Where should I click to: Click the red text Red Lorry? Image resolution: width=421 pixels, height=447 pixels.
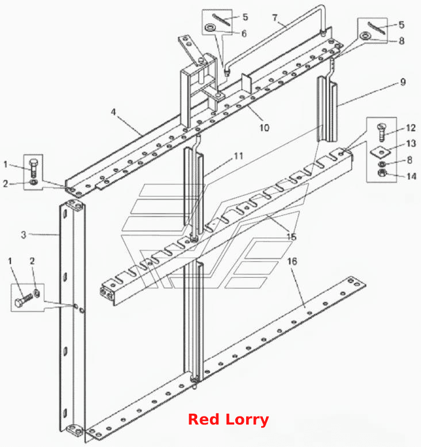coord(228,419)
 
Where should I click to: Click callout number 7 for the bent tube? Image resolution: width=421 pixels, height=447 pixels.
coord(275,18)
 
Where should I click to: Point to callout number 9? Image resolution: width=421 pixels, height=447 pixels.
coord(403,82)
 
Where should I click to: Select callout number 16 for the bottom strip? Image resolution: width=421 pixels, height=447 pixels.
coord(292,261)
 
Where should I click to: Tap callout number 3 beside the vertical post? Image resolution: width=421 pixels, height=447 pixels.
coord(24,235)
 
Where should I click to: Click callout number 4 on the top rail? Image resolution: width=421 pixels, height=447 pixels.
coord(113,112)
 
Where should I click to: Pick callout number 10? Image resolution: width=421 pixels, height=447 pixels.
coord(264,128)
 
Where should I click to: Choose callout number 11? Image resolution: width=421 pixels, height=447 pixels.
coord(238,156)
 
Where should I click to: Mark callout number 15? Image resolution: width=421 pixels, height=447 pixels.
coord(292,236)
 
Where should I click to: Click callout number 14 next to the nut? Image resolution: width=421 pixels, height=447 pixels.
coord(411,177)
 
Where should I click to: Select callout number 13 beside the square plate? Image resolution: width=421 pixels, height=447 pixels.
coord(411,143)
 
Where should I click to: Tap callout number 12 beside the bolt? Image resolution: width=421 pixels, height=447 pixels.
coord(411,128)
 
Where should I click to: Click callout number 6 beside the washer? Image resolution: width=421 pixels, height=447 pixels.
coord(244,33)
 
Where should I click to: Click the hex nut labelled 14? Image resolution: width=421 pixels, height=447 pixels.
coord(382,173)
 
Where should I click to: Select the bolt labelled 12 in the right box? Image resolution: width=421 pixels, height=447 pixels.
coord(381,132)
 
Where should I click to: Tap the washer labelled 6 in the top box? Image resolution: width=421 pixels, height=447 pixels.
coord(210,28)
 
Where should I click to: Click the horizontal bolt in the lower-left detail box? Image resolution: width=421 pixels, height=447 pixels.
coord(24,300)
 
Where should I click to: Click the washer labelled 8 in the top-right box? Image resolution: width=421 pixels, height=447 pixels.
coord(365,36)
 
